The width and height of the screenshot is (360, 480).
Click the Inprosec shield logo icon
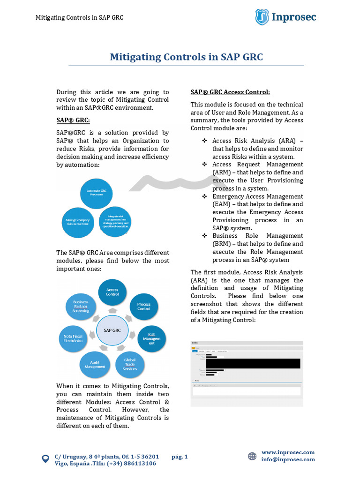pos(262,17)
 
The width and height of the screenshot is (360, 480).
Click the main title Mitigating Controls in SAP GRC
pos(186,57)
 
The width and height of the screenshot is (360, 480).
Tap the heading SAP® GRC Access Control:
pos(230,92)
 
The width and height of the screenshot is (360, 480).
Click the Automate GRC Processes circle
pos(97,192)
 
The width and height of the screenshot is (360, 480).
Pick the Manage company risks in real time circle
pos(78,221)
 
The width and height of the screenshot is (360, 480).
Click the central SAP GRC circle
pos(112,330)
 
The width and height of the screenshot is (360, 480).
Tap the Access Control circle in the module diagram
pos(112,292)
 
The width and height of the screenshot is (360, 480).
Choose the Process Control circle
pos(143,307)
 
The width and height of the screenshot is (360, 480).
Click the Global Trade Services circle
pos(130,365)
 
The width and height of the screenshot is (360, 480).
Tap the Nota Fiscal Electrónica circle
pos(73,338)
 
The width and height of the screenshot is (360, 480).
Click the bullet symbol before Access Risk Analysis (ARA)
pos(204,141)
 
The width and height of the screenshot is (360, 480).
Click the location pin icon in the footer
pos(45,459)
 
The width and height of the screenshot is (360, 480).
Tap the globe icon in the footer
pos(252,456)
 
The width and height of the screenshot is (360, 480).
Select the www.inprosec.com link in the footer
pos(288,452)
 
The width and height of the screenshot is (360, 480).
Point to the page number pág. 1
pos(180,456)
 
